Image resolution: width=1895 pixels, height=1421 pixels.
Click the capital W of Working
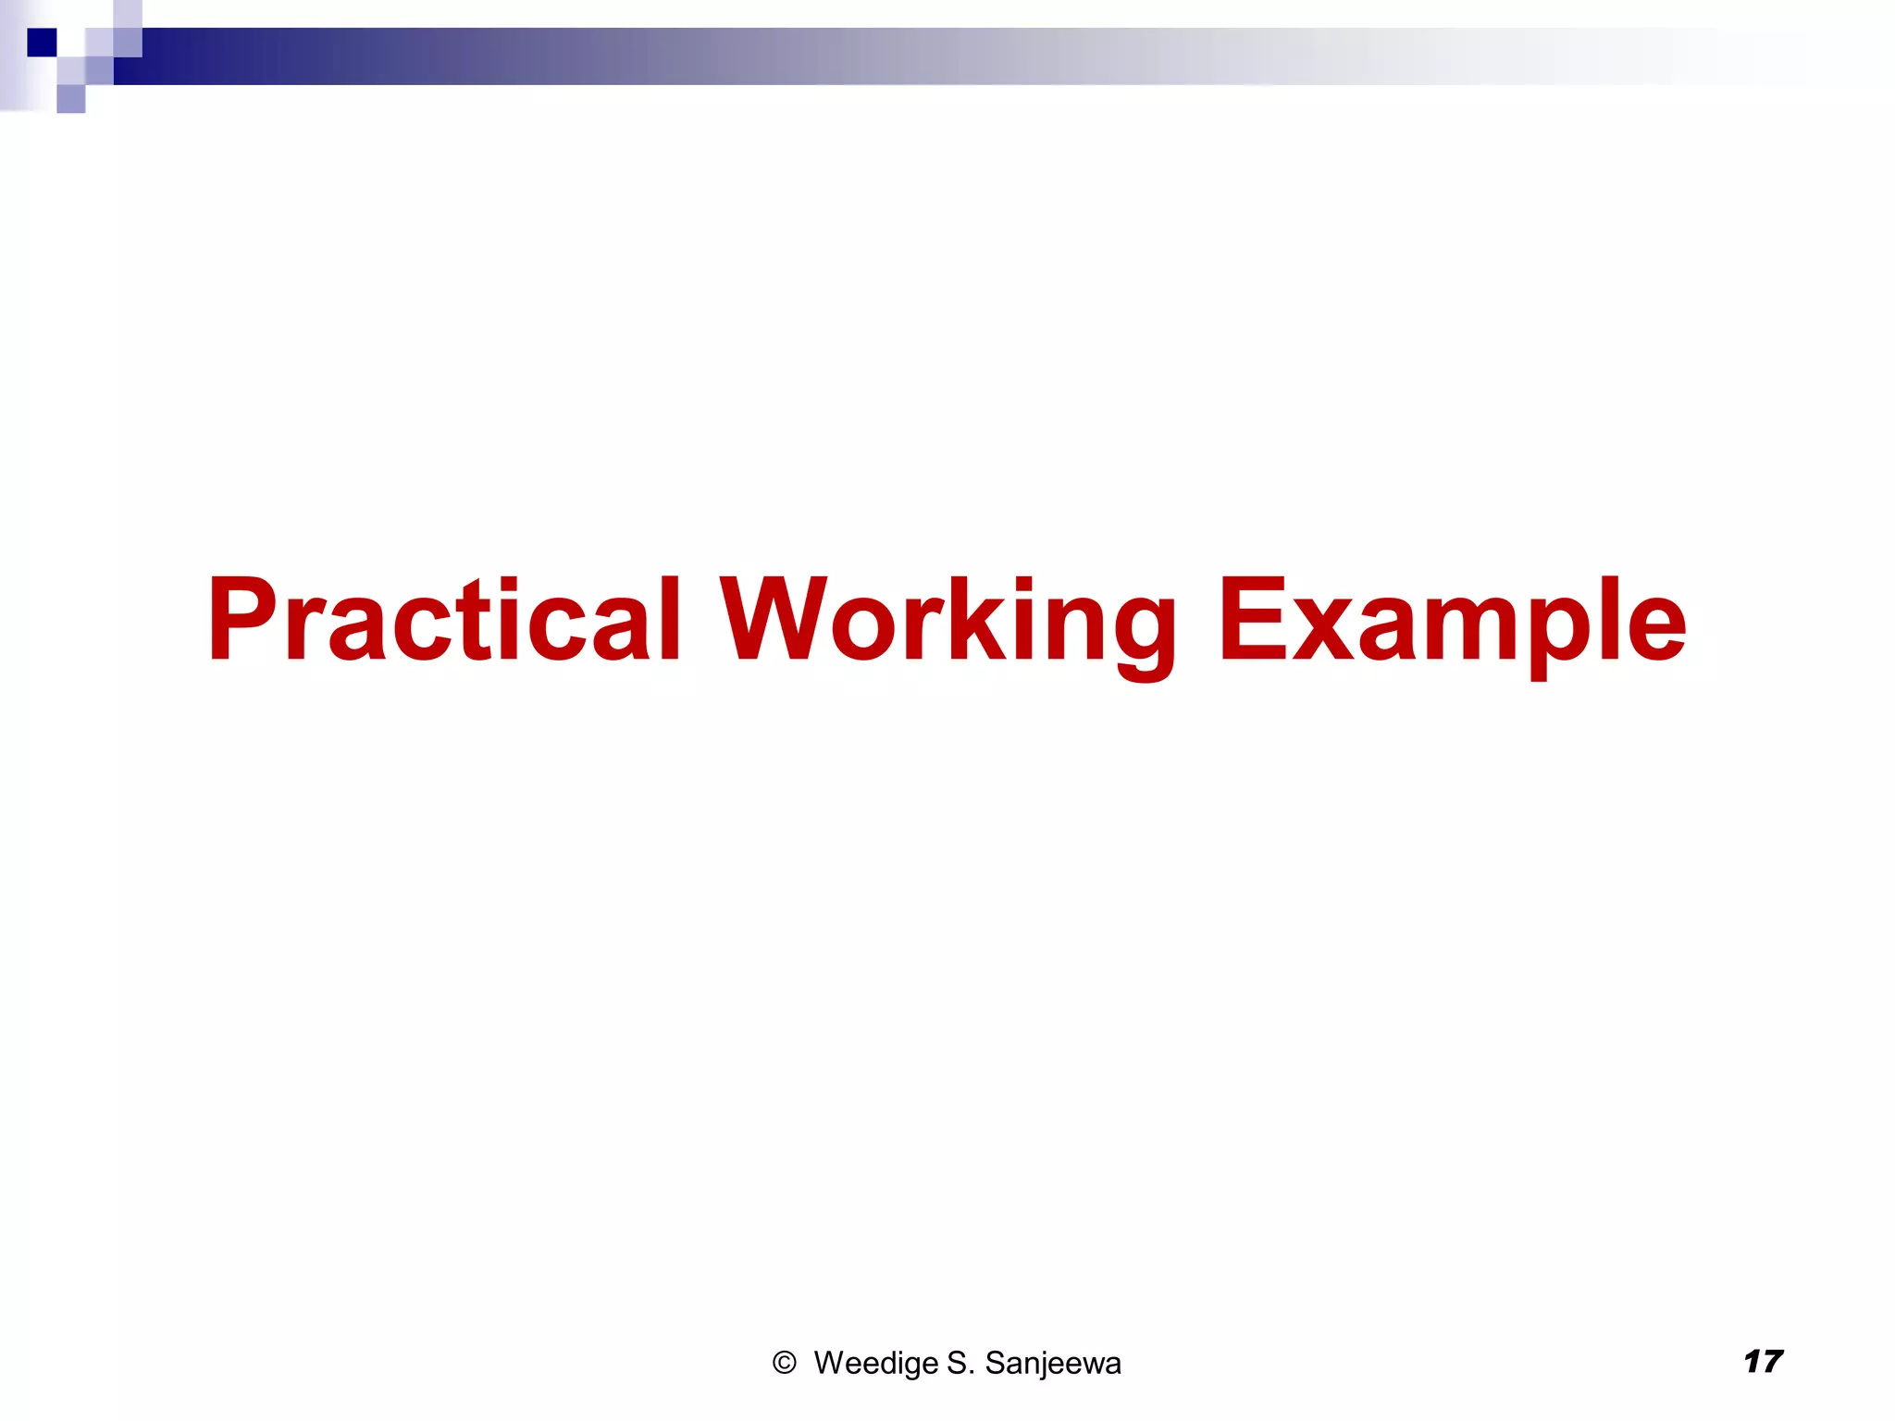pyautogui.click(x=777, y=618)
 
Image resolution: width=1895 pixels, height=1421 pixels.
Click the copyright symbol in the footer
pyautogui.click(x=784, y=1363)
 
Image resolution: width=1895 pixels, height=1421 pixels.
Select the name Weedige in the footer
pyautogui.click(x=875, y=1363)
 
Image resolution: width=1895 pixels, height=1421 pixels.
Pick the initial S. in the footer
pyautogui.click(x=960, y=1363)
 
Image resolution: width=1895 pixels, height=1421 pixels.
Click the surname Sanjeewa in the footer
pyautogui.click(x=1052, y=1363)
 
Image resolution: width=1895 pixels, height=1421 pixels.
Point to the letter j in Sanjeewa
pyautogui.click(x=1043, y=1365)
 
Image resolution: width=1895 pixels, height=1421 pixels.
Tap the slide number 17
pyautogui.click(x=1763, y=1361)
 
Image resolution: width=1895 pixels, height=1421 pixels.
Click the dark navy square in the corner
pyautogui.click(x=42, y=43)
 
